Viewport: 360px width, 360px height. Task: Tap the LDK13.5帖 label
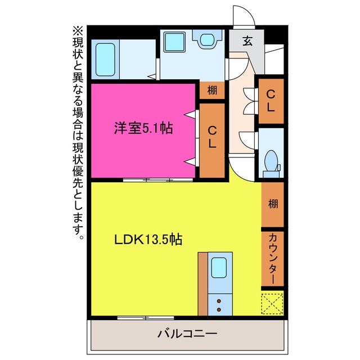148,239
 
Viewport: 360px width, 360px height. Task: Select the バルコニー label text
187,333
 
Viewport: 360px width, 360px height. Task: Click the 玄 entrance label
247,40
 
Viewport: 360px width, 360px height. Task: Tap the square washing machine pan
174,41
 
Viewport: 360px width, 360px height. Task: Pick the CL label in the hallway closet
271,101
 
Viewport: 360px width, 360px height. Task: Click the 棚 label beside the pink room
212,90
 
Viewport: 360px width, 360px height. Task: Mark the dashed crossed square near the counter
273,304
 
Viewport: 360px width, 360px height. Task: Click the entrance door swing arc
244,16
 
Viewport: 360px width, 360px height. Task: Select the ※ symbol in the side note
77,30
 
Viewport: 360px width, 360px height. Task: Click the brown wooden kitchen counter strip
202,284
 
